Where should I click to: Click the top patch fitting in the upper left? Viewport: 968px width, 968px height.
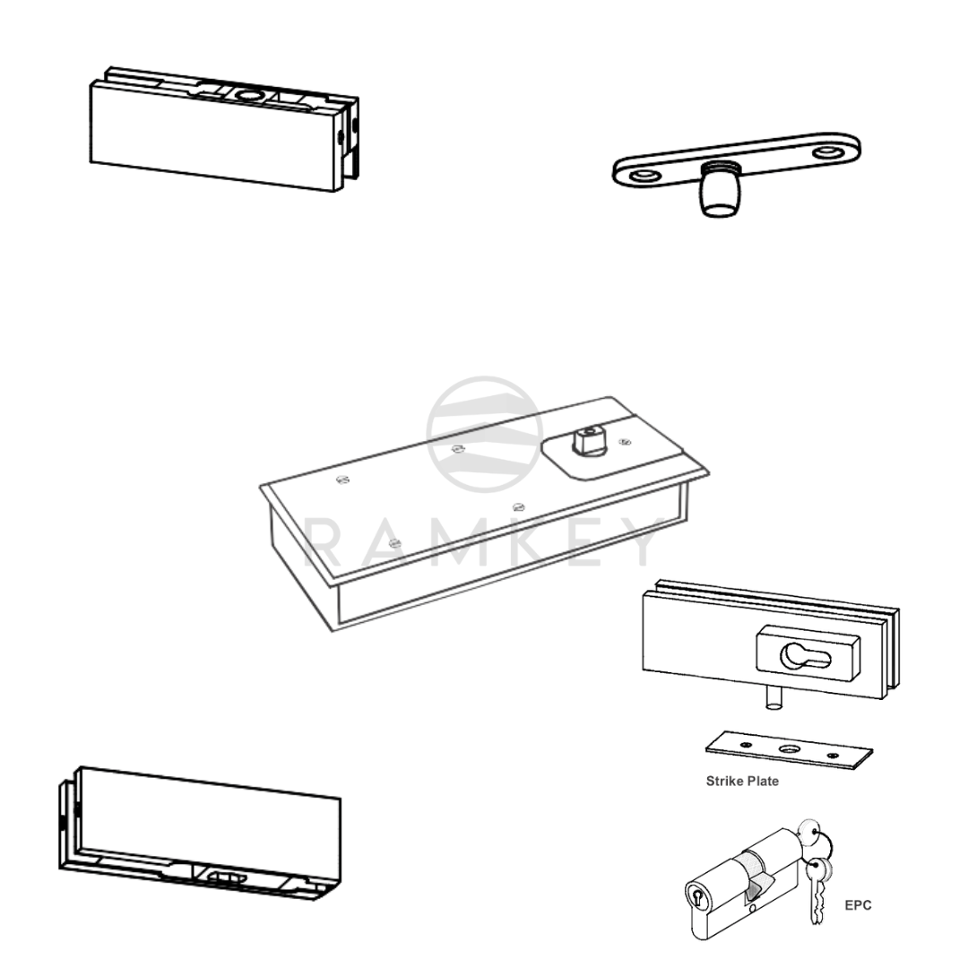coord(215,134)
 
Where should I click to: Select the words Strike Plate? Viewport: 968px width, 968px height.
coord(742,781)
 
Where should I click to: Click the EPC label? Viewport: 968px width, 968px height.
coord(858,905)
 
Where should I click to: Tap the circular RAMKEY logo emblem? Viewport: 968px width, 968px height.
coord(484,434)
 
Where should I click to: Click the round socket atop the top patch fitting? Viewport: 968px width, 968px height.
coord(246,94)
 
